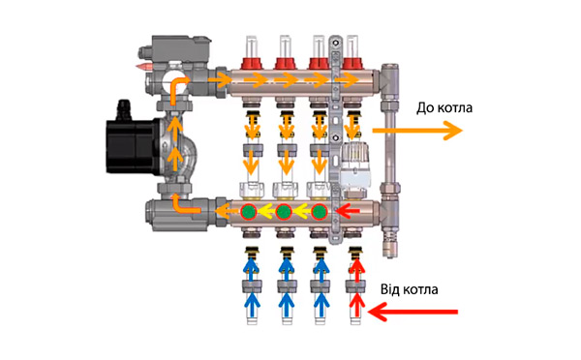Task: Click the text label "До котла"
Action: (x=444, y=107)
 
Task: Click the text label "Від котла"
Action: (x=409, y=289)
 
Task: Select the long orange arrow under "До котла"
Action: (x=417, y=131)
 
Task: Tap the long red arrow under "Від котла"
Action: (x=413, y=312)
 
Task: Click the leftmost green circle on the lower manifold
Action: (x=249, y=212)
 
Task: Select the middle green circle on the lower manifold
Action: (x=284, y=212)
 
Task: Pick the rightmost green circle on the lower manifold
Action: (x=319, y=212)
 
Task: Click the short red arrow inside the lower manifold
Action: (x=348, y=212)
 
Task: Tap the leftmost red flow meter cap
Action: (x=252, y=63)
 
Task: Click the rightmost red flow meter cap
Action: (x=352, y=63)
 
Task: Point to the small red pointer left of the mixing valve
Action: (x=145, y=67)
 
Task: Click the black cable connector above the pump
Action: (x=124, y=110)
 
